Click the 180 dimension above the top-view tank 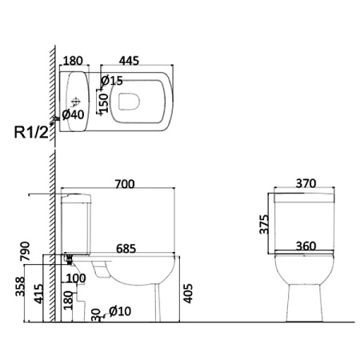click(x=73, y=61)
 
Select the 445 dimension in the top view click(x=129, y=61)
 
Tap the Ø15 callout click(x=112, y=80)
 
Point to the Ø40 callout click(x=73, y=114)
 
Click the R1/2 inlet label click(x=32, y=132)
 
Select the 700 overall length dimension click(x=125, y=184)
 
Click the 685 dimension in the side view click(x=126, y=249)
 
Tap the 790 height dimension click(x=26, y=251)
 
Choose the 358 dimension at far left click(x=20, y=286)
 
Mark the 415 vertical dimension click(x=39, y=294)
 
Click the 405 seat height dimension click(x=188, y=294)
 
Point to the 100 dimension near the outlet click(x=76, y=278)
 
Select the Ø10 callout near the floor click(x=120, y=311)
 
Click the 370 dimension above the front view click(x=306, y=183)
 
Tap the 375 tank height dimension click(x=264, y=224)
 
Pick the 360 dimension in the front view click(x=306, y=246)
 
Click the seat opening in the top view click(x=129, y=102)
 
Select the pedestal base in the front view click(x=304, y=302)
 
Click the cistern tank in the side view click(x=76, y=224)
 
